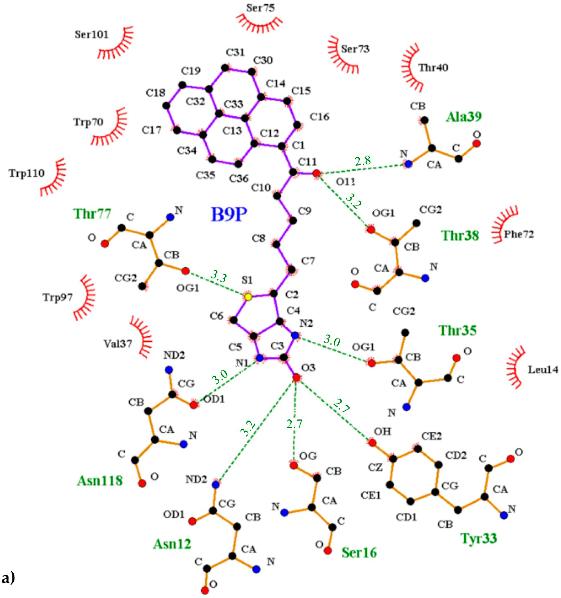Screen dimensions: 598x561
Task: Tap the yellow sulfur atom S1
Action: pyautogui.click(x=248, y=297)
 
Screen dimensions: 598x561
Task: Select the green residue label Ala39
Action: pyautogui.click(x=463, y=117)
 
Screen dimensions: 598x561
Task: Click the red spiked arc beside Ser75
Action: pyautogui.click(x=259, y=24)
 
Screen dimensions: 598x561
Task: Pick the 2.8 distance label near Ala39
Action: pyautogui.click(x=362, y=161)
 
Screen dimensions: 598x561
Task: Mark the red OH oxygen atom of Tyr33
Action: pyautogui.click(x=372, y=443)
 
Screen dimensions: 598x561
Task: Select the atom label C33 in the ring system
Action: pyautogui.click(x=233, y=104)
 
